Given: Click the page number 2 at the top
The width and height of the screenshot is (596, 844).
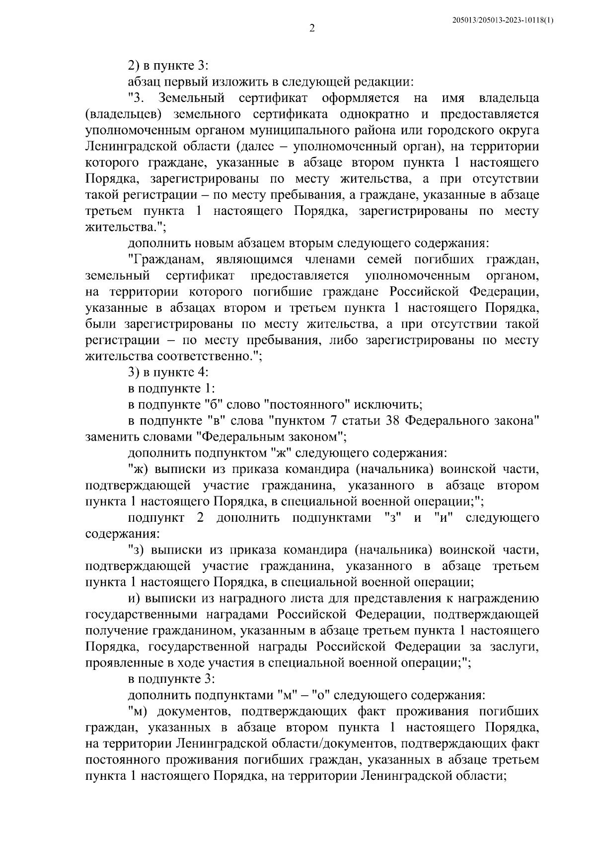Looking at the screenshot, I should (x=312, y=28).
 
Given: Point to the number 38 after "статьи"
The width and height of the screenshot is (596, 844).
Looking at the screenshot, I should (x=393, y=421).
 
